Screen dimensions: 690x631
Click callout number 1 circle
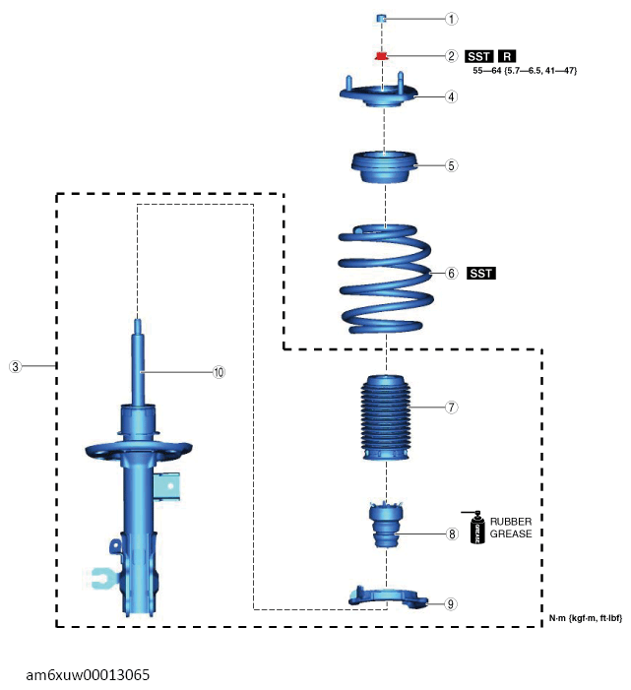(x=451, y=19)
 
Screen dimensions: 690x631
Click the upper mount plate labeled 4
(x=379, y=96)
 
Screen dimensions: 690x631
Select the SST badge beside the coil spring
(x=481, y=273)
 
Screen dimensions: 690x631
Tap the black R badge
(x=510, y=56)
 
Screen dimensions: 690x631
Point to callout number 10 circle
(x=219, y=372)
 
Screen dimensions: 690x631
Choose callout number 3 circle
(x=15, y=366)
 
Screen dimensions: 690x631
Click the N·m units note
(x=586, y=618)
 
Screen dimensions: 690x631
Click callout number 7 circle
(x=451, y=407)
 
